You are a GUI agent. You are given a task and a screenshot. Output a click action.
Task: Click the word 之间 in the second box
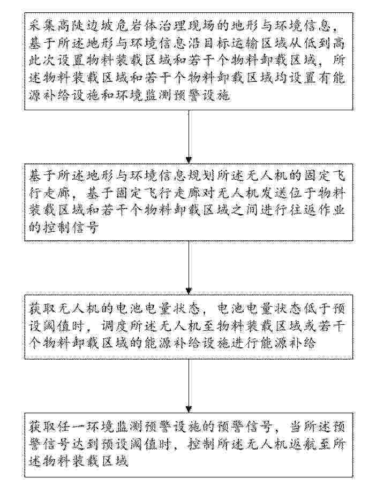click(241, 210)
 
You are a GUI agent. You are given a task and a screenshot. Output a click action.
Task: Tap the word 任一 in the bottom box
click(72, 427)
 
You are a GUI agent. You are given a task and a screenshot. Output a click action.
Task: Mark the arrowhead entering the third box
click(189, 291)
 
